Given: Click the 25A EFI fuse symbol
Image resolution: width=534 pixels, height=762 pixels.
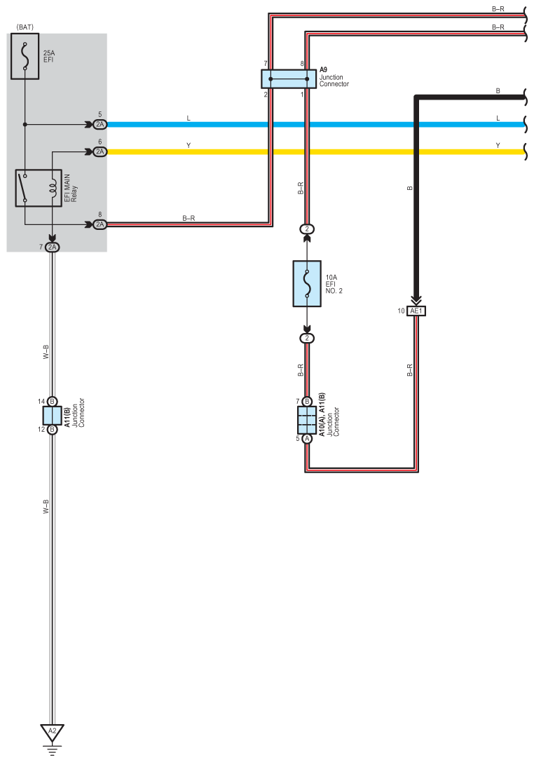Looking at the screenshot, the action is [25, 56].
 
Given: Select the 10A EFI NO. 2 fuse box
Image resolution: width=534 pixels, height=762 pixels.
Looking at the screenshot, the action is [307, 283].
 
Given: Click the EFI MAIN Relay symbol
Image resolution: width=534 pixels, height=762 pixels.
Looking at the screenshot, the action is [39, 188].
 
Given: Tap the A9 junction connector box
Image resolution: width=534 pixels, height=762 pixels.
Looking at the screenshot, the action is [288, 79].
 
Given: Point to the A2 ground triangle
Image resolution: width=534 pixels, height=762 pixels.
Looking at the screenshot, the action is [52, 733].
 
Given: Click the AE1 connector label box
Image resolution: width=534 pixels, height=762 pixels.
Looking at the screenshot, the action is [416, 311].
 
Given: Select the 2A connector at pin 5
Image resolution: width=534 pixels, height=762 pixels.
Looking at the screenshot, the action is [100, 124].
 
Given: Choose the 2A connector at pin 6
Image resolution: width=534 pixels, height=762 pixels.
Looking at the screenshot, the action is [100, 151].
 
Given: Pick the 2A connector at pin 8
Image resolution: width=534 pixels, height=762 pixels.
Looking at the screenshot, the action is [100, 224].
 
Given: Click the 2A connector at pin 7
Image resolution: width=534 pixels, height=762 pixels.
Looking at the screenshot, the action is [52, 247].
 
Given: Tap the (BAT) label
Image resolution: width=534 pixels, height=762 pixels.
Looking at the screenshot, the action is [25, 27].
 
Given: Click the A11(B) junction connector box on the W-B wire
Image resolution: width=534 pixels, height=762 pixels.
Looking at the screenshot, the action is [52, 416].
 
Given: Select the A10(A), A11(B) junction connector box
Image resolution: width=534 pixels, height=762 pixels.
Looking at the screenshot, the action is [307, 420].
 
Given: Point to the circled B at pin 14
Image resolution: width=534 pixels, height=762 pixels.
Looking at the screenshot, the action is [52, 402].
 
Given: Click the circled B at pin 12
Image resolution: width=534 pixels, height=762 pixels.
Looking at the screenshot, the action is [52, 430].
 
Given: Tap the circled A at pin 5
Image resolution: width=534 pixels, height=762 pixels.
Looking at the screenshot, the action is [307, 438].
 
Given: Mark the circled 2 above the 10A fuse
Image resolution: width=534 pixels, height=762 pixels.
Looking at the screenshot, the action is [307, 229].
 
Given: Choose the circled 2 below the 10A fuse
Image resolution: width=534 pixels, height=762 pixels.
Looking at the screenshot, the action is [307, 338].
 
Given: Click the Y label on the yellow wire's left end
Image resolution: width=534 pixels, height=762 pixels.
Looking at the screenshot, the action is [189, 145].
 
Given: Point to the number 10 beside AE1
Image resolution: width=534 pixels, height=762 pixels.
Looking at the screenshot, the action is [401, 311].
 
